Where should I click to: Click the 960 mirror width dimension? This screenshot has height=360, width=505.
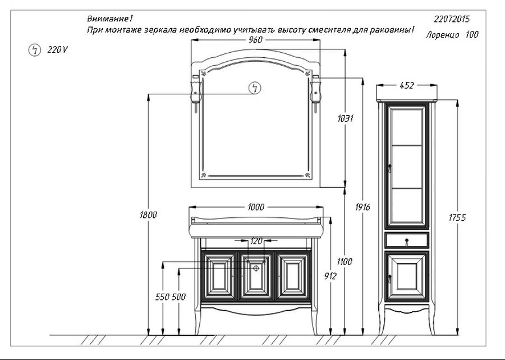pyautogui.click(x=256, y=40)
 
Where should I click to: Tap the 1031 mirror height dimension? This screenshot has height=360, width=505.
pyautogui.click(x=346, y=119)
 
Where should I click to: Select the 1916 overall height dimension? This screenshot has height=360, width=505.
pyautogui.click(x=362, y=207)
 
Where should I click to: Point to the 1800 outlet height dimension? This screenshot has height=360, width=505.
pyautogui.click(x=149, y=215)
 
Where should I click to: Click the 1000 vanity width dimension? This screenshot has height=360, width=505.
pyautogui.click(x=256, y=207)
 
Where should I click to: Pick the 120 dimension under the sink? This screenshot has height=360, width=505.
pyautogui.click(x=256, y=241)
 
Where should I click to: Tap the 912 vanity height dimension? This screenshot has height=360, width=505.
pyautogui.click(x=330, y=276)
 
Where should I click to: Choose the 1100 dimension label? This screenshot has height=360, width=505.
pyautogui.click(x=345, y=262)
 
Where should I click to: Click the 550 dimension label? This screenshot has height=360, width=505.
pyautogui.click(x=162, y=297)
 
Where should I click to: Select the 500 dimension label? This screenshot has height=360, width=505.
pyautogui.click(x=178, y=297)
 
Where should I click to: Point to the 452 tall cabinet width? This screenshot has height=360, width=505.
pyautogui.click(x=407, y=86)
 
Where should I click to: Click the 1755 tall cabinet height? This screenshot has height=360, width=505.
pyautogui.click(x=457, y=218)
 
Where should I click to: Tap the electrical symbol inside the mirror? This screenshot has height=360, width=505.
pyautogui.click(x=255, y=88)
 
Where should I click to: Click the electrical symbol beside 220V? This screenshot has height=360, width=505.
pyautogui.click(x=34, y=50)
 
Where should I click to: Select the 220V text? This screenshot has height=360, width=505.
pyautogui.click(x=58, y=50)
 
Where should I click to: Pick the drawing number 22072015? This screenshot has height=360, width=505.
pyautogui.click(x=452, y=19)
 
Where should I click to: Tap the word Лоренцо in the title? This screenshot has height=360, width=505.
pyautogui.click(x=443, y=35)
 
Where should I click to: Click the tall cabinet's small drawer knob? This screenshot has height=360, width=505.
pyautogui.click(x=407, y=240)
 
